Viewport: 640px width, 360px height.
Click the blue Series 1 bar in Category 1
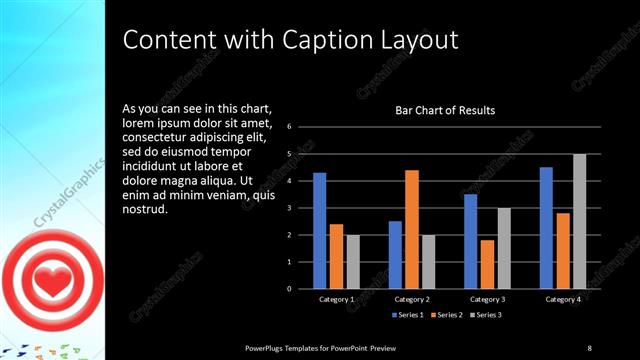coord(319,231)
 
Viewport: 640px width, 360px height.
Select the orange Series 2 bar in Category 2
coord(412,229)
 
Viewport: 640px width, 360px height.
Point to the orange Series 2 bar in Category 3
coord(487,264)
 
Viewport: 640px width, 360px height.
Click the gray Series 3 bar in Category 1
coord(352,262)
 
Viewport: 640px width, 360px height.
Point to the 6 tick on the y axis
coord(288,127)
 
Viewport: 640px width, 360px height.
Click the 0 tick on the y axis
coord(288,289)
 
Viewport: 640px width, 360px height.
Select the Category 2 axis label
coord(412,299)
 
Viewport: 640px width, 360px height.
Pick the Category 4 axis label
coord(562,299)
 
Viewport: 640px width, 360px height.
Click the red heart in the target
coord(46,281)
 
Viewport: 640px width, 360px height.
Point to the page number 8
coord(589,347)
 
